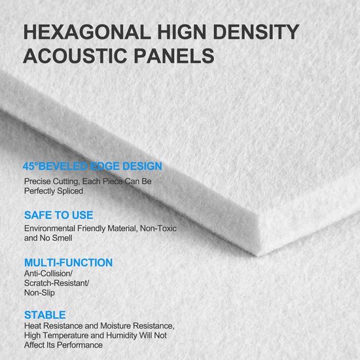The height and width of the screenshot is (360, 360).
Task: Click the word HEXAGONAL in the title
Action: point(87,31)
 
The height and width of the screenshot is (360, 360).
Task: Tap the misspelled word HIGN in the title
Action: point(181,31)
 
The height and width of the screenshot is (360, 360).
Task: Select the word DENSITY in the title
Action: point(256,31)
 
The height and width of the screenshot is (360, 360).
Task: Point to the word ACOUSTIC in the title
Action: point(75,56)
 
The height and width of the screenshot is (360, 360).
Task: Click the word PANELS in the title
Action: point(174,56)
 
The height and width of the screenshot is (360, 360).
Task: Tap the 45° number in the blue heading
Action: point(30,166)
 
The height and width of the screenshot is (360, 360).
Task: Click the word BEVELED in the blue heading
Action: point(63,166)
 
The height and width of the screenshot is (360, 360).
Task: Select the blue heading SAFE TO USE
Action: point(59,215)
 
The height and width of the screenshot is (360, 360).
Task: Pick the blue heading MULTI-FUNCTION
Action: point(69,262)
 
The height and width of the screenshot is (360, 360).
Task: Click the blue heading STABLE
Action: point(45,315)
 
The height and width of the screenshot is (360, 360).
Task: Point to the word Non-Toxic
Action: point(158,228)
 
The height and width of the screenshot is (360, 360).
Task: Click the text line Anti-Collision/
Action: point(48,274)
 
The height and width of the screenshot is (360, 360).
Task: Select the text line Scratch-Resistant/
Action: point(57,283)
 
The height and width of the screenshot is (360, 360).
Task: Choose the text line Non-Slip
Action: point(39,293)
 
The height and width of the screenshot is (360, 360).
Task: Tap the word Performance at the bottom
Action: point(80,345)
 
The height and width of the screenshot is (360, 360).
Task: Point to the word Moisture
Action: point(115,326)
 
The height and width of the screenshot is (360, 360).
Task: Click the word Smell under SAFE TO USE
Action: point(62,238)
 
